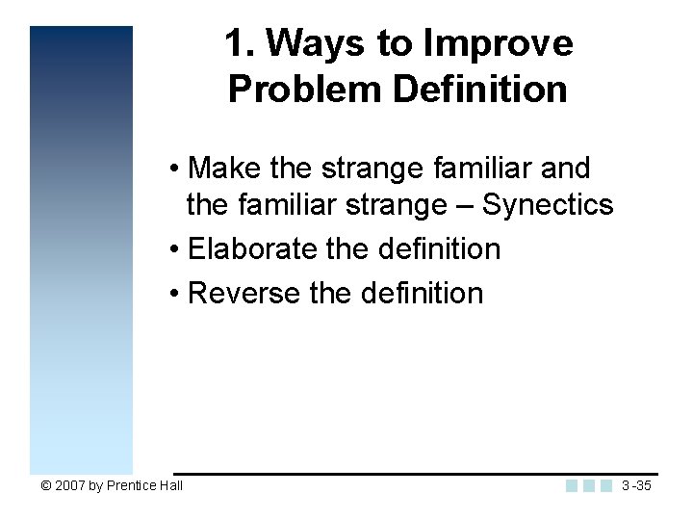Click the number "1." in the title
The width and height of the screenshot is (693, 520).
(x=241, y=43)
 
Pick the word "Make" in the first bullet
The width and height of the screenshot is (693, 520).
(x=226, y=169)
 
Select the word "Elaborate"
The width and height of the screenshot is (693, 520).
(x=253, y=249)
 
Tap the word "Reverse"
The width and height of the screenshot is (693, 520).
(x=244, y=293)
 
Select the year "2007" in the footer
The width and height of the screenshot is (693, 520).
(x=69, y=486)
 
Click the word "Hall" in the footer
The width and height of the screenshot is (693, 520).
(x=171, y=486)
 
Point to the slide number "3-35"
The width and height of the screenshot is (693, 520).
(x=637, y=486)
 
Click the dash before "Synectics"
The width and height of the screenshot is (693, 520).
(x=469, y=206)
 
